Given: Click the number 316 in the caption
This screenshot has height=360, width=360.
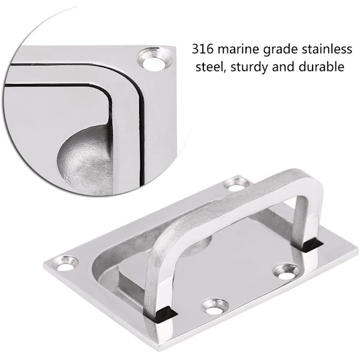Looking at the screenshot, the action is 203,49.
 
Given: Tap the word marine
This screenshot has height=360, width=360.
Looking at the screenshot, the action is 238,49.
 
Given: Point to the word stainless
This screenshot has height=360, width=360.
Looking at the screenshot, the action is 327,49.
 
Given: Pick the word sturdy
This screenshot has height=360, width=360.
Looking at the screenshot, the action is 250,68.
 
